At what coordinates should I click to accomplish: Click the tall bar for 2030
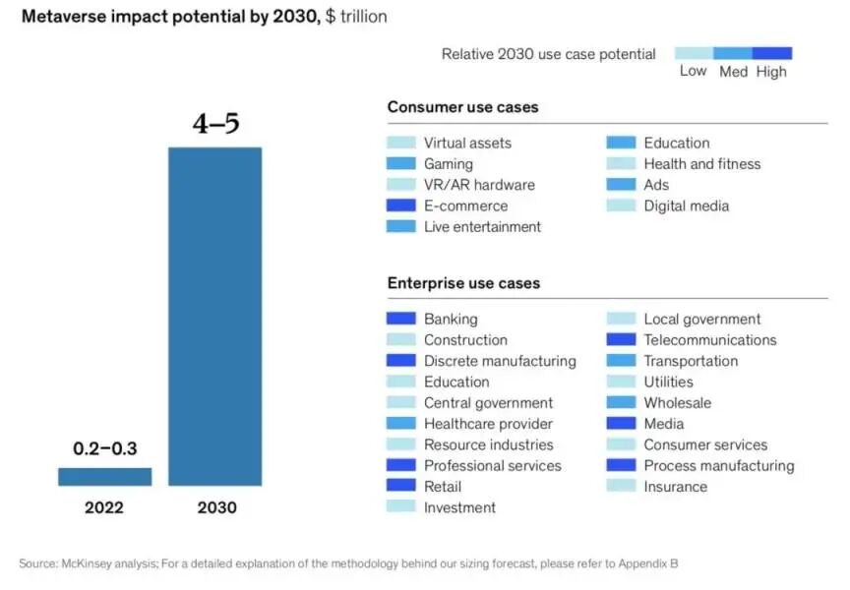[214, 315]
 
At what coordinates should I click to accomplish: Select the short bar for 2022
[104, 476]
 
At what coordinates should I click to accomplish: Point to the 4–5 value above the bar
[215, 125]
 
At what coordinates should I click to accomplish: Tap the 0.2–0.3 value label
[104, 448]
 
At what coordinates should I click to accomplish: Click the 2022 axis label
[104, 508]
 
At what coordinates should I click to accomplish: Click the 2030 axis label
[215, 508]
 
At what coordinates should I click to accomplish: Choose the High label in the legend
[771, 72]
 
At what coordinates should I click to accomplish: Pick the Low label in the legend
[693, 72]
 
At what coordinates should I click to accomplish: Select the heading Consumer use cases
[462, 107]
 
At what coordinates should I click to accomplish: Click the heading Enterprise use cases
[463, 284]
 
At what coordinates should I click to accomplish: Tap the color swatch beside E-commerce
[401, 206]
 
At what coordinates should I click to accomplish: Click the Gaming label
[449, 164]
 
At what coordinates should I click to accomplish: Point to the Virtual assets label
[467, 143]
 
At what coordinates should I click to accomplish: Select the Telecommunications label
[709, 340]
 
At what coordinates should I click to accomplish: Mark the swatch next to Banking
[401, 319]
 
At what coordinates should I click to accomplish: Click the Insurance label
[675, 487]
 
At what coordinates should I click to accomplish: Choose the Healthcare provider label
[488, 424]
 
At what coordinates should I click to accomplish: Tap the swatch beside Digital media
[621, 206]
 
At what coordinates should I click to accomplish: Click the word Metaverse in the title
[64, 17]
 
